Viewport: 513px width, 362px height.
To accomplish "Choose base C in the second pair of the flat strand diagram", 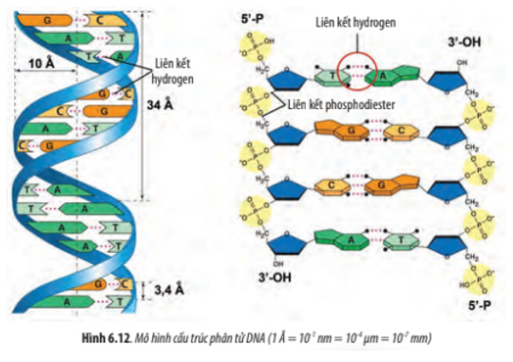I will coord(378,131).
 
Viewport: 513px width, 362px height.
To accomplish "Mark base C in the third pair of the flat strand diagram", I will coord(332,184).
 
